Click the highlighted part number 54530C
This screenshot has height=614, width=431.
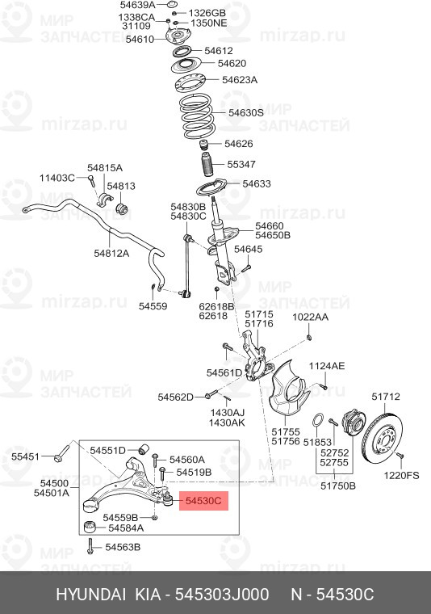click(203, 501)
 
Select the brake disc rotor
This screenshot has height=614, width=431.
click(382, 439)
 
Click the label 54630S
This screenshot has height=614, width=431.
click(246, 113)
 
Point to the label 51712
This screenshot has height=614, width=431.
click(386, 397)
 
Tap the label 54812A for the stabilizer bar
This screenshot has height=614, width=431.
click(111, 254)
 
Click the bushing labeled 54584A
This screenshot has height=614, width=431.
click(90, 528)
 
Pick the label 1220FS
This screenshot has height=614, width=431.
click(401, 475)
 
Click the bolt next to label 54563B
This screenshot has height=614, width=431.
click(90, 546)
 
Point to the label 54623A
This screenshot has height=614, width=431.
click(240, 80)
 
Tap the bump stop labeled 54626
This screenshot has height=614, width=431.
click(203, 145)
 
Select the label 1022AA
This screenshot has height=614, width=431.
click(311, 317)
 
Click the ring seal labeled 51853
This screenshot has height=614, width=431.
click(317, 420)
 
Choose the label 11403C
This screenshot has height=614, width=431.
click(57, 178)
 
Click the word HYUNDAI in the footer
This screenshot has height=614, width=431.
click(91, 595)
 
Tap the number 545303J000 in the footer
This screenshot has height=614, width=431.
click(222, 595)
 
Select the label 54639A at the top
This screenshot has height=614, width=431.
click(138, 5)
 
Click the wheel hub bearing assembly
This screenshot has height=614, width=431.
click(354, 422)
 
